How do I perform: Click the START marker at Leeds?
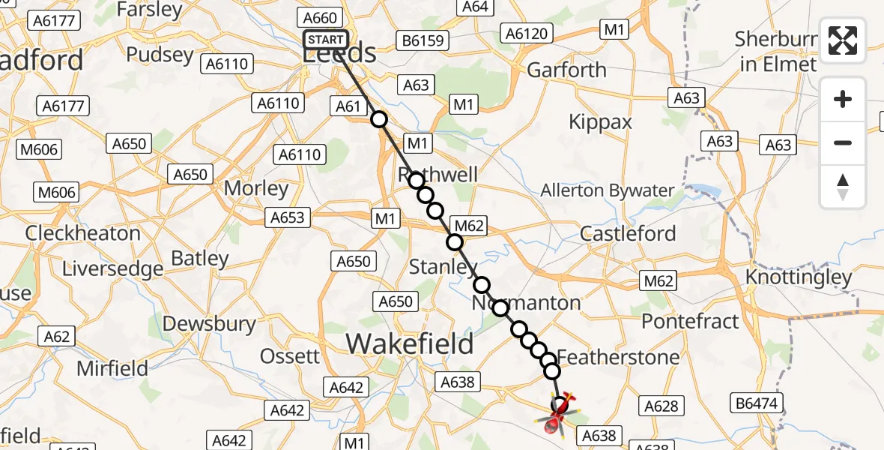(x=326, y=40)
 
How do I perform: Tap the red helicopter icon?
(x=557, y=414)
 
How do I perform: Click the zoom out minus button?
(x=843, y=142)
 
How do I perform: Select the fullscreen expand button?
(x=843, y=40)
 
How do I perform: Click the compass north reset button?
(x=843, y=187)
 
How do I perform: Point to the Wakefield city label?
(x=410, y=344)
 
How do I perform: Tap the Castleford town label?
(x=628, y=233)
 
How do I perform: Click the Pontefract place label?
(x=690, y=321)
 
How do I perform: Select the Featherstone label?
(x=618, y=356)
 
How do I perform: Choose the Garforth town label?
(x=567, y=70)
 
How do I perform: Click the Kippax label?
(x=600, y=121)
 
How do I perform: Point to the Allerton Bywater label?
(x=608, y=190)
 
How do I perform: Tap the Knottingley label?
(x=799, y=277)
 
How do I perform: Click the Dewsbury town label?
(x=210, y=324)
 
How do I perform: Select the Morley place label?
(x=257, y=188)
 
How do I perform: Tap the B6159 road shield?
(x=424, y=40)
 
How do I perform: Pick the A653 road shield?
(x=287, y=217)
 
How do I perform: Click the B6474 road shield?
(x=758, y=404)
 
